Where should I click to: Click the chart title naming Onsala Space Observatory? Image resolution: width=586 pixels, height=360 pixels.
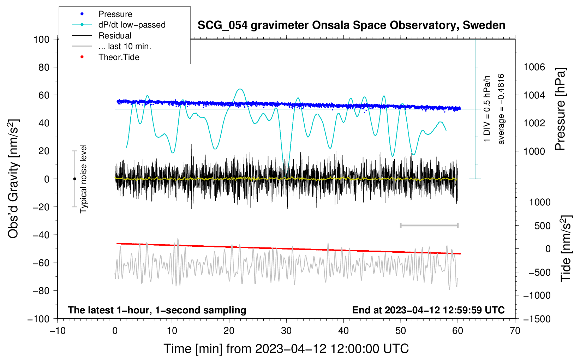point(351,25)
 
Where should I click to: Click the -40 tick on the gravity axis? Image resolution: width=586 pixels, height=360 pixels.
point(41,235)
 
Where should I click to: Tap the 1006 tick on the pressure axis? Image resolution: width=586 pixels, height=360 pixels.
point(534,67)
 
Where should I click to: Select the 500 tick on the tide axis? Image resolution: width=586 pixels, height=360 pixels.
point(543,226)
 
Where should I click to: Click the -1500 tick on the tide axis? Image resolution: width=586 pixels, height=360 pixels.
point(537,319)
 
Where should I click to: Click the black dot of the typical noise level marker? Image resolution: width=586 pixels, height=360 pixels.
point(74,179)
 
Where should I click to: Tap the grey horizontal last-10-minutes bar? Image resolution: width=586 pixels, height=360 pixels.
point(429,226)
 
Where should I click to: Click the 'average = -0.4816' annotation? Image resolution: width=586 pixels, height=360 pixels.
point(501,109)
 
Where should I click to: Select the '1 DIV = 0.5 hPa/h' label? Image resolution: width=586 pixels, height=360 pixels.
point(486,109)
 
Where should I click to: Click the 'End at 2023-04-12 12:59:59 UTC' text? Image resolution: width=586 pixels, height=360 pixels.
point(428,310)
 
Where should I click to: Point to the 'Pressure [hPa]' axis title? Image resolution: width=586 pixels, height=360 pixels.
point(560,109)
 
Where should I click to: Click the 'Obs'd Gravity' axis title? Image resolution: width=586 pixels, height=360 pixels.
point(13,179)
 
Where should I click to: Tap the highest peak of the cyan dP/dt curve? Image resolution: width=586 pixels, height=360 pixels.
point(240,89)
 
